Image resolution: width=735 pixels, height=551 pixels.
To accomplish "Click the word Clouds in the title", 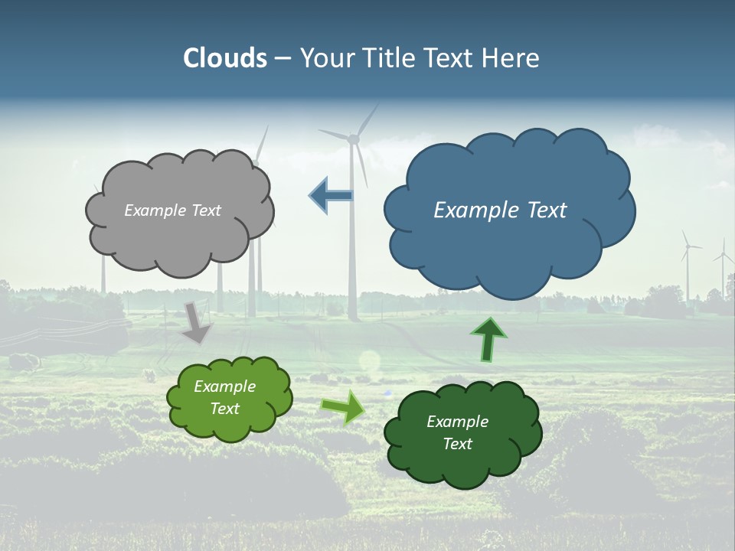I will [x=224, y=58].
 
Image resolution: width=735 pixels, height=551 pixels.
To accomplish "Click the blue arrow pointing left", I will [x=331, y=195].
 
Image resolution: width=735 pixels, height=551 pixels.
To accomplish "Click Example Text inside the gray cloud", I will [x=172, y=210].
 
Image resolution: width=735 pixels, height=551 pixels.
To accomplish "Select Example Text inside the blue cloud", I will [x=500, y=210].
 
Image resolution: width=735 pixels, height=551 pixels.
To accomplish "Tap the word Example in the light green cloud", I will [x=225, y=386].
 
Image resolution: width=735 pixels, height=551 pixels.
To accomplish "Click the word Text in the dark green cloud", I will [x=457, y=444].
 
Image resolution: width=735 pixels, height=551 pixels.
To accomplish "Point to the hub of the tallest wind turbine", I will [x=353, y=139].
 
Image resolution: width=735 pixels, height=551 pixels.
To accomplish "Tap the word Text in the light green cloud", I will [x=225, y=409].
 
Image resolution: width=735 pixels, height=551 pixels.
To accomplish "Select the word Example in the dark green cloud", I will [x=457, y=422].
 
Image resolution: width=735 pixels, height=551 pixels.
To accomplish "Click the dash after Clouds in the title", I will [x=283, y=58].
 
